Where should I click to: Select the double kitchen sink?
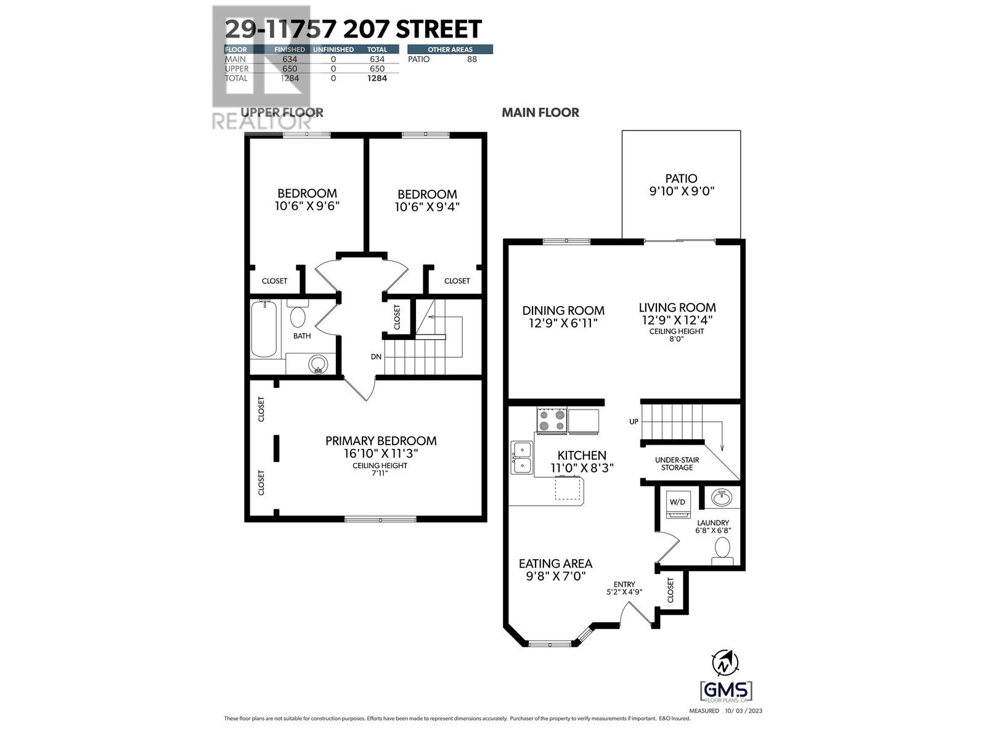tap(521, 458)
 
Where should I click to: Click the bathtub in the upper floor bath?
tap(264, 329)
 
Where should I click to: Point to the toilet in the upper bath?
tap(298, 315)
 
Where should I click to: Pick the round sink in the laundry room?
tap(720, 496)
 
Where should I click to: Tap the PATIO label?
tap(681, 179)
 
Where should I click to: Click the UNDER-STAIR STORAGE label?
tap(677, 463)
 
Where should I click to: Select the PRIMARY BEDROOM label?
tap(381, 441)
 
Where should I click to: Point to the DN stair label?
tap(376, 357)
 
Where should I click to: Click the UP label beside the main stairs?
tap(634, 422)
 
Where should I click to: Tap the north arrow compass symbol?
tap(725, 663)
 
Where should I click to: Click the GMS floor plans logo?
tap(726, 690)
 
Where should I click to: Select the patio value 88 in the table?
tap(472, 59)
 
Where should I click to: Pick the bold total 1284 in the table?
tap(377, 78)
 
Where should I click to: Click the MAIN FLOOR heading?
tap(540, 113)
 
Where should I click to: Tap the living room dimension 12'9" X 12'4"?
tap(677, 320)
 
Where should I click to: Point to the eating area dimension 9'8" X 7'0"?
tap(555, 576)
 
